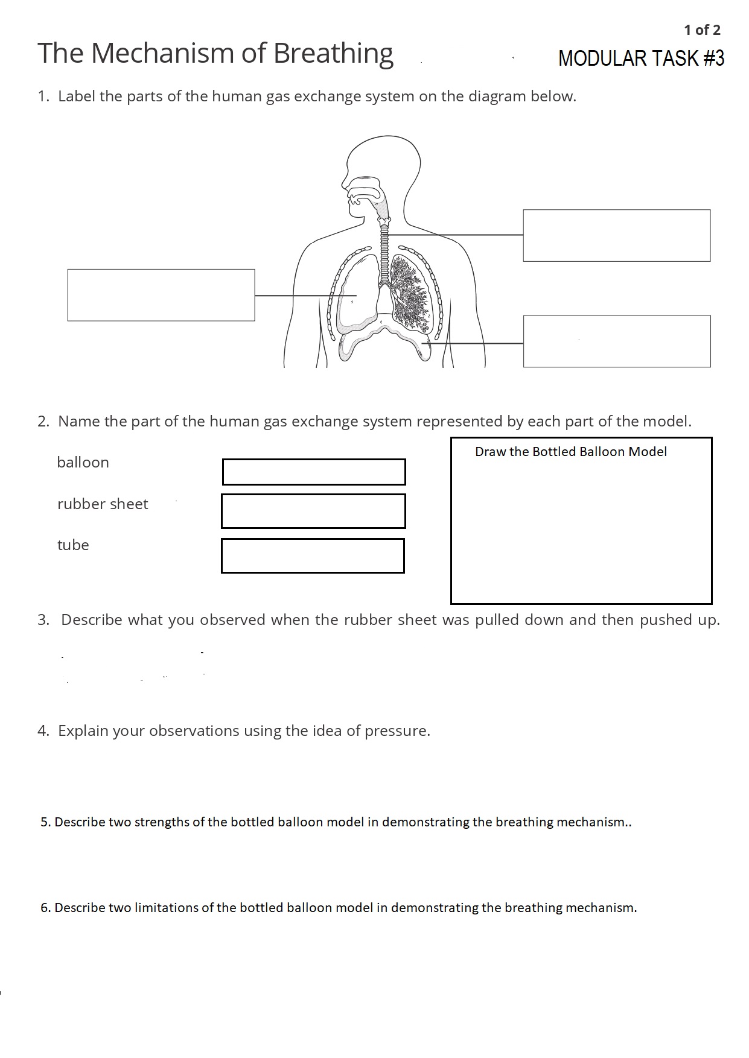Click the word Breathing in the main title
333,54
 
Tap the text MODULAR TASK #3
641,59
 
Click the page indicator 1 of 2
702,30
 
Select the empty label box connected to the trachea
616,236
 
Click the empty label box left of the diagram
161,295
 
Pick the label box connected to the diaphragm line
616,341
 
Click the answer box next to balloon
314,472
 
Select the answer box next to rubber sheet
313,511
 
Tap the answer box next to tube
313,556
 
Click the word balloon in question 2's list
83,463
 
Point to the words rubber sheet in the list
103,504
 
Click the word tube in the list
73,545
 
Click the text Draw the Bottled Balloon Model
570,452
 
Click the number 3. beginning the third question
43,620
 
